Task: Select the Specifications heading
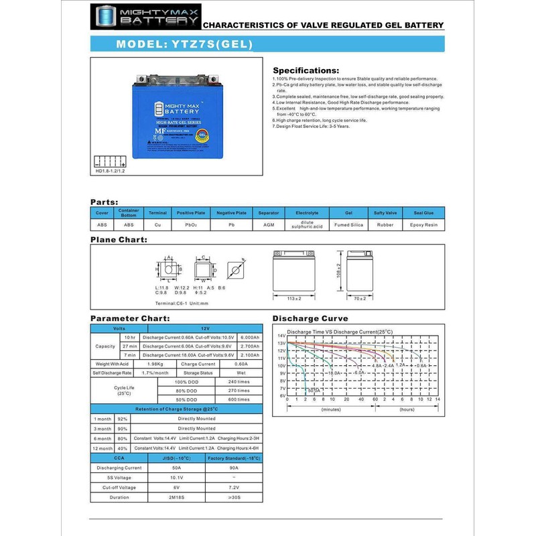coord(306,70)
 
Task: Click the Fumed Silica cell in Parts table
coord(348,225)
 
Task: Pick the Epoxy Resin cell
coord(423,225)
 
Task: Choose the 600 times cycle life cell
coord(239,399)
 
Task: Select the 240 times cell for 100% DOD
coord(239,381)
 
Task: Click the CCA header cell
coord(119,458)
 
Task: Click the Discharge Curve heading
coord(310,318)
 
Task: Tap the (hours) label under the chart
coord(406,409)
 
